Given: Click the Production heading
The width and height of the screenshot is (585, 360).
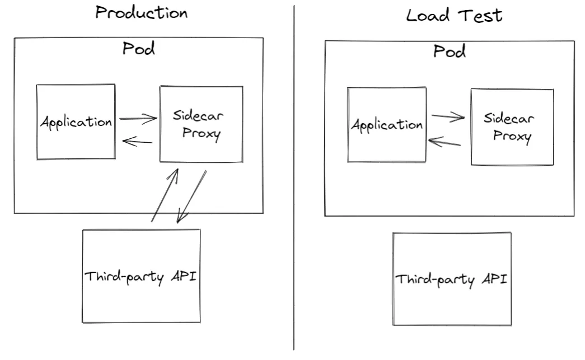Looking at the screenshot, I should (141, 12).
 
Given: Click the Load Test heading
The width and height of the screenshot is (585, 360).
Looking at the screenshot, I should (454, 15).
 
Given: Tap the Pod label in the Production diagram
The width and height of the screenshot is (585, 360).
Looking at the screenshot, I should (138, 49).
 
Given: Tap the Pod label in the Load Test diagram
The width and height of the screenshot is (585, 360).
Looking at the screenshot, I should (449, 52).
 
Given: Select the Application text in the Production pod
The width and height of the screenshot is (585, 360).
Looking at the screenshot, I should (76, 122).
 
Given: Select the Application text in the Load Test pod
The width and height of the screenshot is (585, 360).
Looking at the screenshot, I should (386, 125).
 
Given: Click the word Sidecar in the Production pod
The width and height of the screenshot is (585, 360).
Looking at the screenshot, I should (198, 116).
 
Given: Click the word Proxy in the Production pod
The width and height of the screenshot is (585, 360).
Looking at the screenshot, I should (201, 134).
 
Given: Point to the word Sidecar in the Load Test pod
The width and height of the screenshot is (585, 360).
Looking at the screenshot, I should (509, 118).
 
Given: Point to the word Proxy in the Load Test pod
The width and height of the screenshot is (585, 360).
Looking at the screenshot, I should (512, 137).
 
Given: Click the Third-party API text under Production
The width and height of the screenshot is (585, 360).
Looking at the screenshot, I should (141, 277).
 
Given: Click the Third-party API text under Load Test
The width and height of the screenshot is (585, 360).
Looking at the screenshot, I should (451, 279).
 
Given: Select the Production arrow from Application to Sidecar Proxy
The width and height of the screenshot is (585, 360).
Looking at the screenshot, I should (138, 118).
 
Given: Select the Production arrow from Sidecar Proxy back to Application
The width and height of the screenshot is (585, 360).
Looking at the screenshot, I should (137, 142).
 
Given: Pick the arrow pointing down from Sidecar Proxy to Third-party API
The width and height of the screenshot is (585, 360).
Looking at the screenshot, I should (191, 196).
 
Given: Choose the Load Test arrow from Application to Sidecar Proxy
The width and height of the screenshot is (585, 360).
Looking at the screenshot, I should (448, 117).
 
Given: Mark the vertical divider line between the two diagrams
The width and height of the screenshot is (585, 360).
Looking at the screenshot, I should (294, 179).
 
